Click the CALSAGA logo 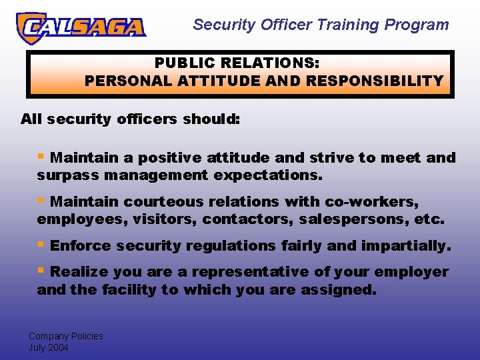coord(81,27)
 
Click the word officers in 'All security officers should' coord(143,119)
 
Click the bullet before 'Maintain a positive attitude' coord(41,157)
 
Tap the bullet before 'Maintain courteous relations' coord(41,200)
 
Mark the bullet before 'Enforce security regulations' coord(41,245)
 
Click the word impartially coord(406,246)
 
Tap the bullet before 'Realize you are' coord(41,271)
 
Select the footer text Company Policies coord(65,336)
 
